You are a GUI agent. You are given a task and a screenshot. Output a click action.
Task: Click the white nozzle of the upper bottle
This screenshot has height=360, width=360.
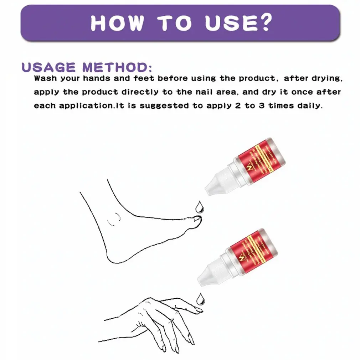click(214, 185)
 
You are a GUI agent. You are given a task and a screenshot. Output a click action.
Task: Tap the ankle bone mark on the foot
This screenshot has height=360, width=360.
click(115, 218)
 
